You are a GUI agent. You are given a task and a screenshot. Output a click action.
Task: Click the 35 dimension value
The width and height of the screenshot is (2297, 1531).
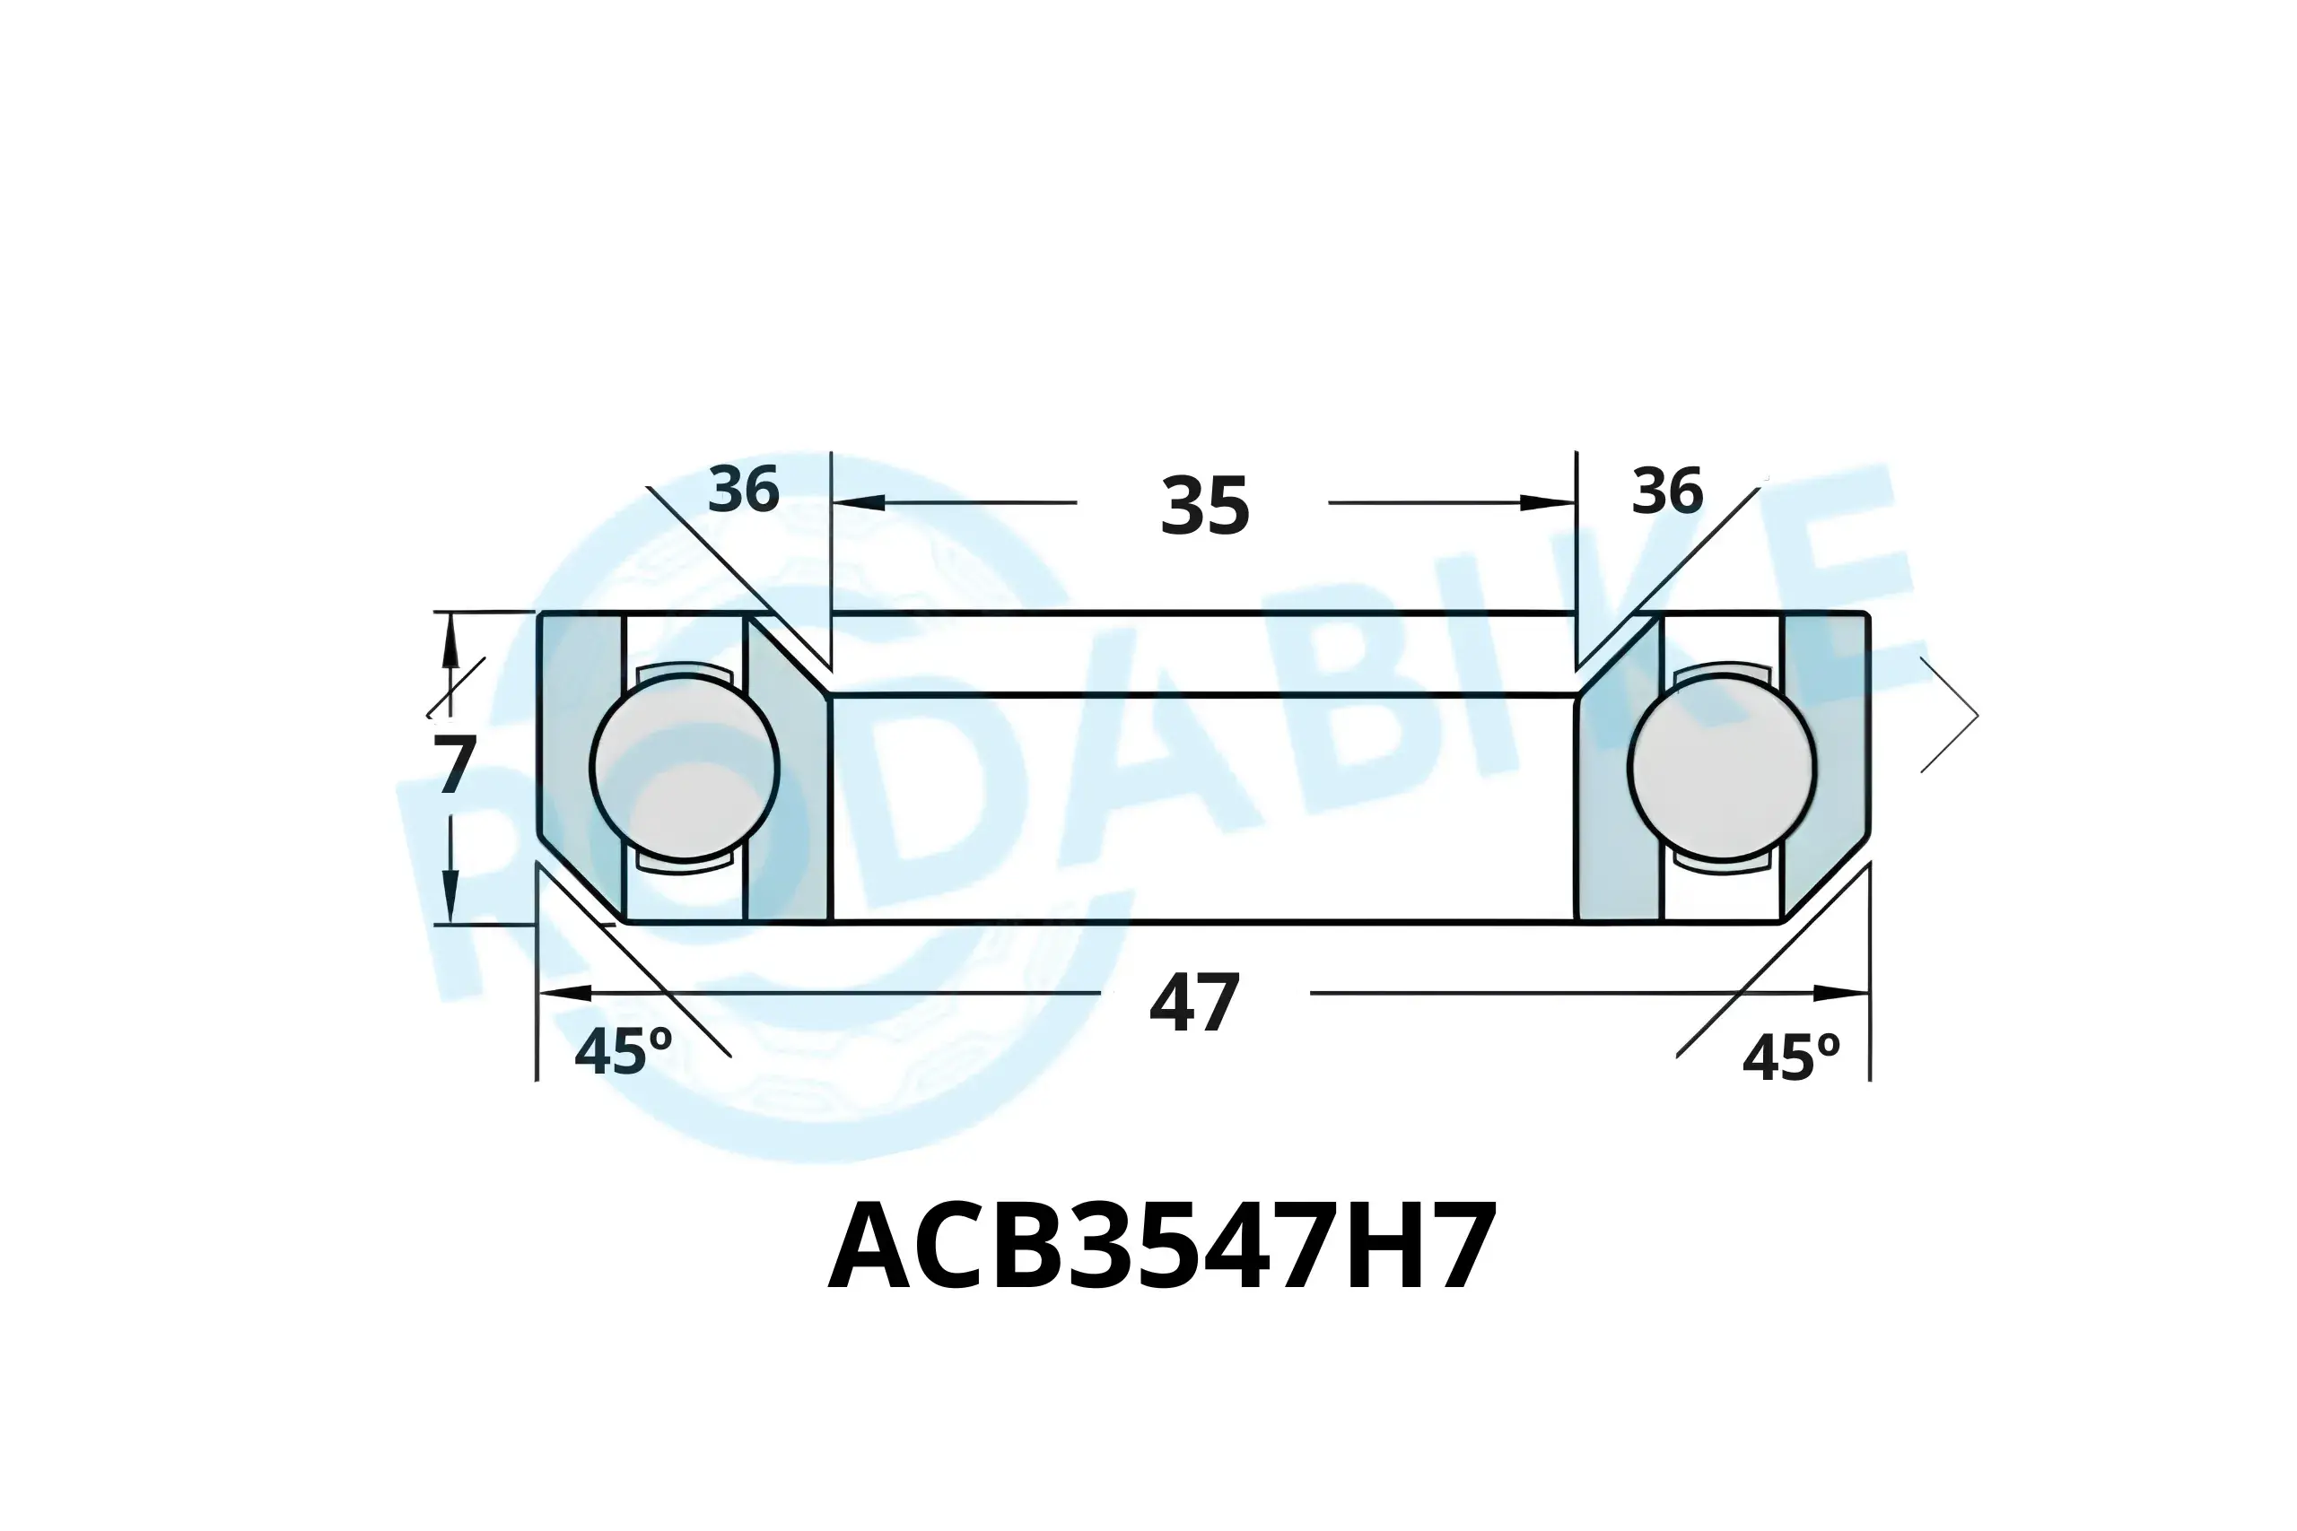(1205, 506)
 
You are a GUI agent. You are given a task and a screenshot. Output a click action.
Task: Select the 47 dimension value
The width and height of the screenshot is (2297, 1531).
(1194, 1004)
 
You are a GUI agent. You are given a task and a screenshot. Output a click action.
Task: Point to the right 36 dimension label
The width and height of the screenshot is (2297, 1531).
(1667, 491)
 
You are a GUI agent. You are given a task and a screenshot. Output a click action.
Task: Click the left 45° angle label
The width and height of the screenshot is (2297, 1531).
(623, 1053)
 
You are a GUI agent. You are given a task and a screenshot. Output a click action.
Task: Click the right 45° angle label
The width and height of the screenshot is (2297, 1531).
(1791, 1058)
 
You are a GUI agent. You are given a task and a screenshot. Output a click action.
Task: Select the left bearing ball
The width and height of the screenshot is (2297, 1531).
(685, 768)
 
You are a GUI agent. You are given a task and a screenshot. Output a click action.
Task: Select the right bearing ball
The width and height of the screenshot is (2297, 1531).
(1722, 768)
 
